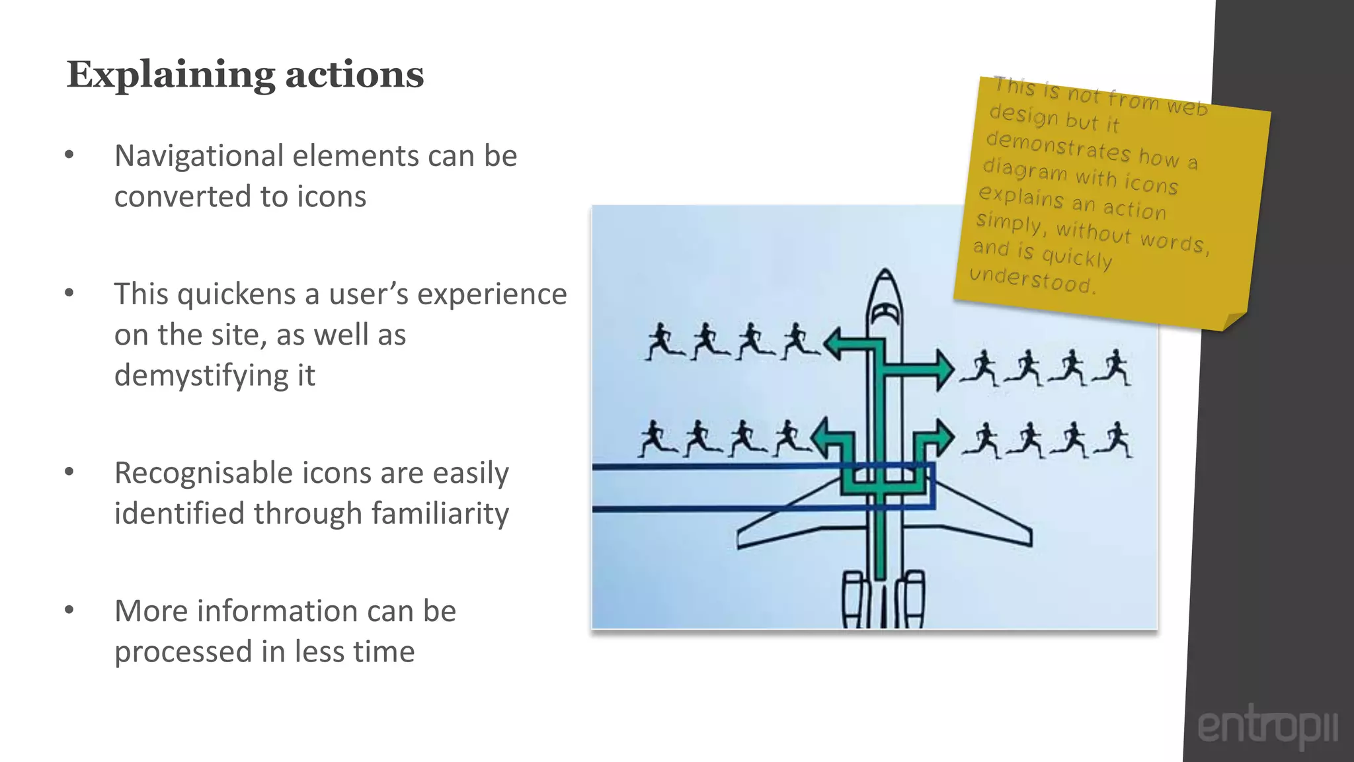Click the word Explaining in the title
coord(171,75)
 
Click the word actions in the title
coord(354,75)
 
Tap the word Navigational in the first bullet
coord(198,156)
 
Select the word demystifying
coord(214,376)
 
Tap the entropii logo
coord(1267,726)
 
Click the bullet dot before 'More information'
coord(69,610)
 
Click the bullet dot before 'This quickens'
coord(69,293)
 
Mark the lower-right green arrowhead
coord(943,437)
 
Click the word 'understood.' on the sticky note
coord(1032,279)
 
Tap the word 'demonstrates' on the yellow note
coord(1058,146)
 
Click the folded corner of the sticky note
coord(1234,321)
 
